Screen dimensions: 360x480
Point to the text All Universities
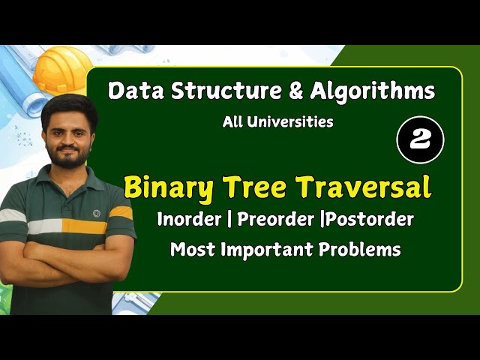tap(277, 121)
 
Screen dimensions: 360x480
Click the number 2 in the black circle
tap(420, 140)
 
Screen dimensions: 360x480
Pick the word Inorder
tap(190, 220)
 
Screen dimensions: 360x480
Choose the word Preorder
tap(274, 220)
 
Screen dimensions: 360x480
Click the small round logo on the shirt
tap(96, 213)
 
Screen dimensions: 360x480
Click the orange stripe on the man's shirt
tap(83, 226)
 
